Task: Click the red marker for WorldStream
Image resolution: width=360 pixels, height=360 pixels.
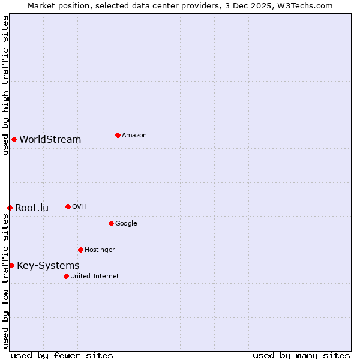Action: point(14,139)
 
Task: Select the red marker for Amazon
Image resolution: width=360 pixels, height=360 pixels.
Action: point(118,135)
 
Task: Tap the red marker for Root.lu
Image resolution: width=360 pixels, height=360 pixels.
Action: point(10,208)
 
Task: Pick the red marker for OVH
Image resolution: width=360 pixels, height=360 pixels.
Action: point(68,206)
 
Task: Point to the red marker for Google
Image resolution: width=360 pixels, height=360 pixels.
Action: point(111,223)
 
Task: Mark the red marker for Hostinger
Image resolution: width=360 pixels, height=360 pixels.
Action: point(80,250)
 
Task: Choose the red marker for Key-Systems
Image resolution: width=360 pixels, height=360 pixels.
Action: point(11,265)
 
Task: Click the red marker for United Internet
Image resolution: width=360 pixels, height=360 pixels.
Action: point(66,276)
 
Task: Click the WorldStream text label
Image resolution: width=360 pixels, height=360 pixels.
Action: point(50,139)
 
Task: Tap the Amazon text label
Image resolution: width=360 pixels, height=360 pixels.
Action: point(134,135)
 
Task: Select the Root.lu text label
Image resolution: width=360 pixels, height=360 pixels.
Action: point(32,208)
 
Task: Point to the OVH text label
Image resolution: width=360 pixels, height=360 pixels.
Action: point(79,206)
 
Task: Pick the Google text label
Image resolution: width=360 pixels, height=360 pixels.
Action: point(126,223)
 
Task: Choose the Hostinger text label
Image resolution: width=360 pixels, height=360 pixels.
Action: point(100,250)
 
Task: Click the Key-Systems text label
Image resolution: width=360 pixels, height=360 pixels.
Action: point(48,265)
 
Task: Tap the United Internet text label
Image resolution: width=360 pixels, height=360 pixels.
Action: point(95,276)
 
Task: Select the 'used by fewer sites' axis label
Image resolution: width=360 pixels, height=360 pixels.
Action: point(62,355)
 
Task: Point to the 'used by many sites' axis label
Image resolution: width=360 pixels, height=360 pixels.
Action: point(301,355)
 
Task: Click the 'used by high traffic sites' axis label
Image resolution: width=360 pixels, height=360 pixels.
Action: point(5,85)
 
